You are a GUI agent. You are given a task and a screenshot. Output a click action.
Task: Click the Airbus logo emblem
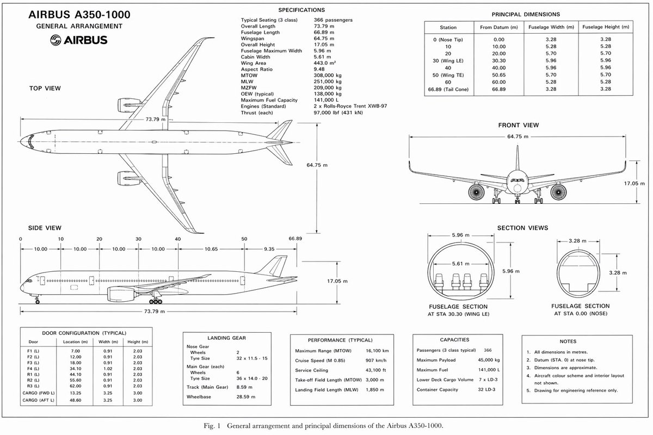[x=56, y=40]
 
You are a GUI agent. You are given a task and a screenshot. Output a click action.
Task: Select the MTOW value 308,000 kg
[x=328, y=76]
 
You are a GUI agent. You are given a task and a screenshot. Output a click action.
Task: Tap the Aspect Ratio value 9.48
[x=319, y=70]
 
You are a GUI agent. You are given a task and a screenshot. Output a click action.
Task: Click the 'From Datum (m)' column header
[x=499, y=27]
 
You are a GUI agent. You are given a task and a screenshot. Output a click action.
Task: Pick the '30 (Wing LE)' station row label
[x=448, y=61]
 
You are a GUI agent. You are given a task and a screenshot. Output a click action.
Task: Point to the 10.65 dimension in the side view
[x=211, y=249]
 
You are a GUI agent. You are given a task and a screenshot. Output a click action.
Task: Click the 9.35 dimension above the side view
[x=269, y=249]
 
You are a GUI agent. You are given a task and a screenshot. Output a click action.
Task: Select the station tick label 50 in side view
[x=244, y=239]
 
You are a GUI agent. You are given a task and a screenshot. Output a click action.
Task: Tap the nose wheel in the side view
[x=38, y=302]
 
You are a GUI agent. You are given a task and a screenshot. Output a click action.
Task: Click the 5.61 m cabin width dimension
[x=460, y=264]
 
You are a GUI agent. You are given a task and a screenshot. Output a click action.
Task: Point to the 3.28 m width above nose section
[x=577, y=241]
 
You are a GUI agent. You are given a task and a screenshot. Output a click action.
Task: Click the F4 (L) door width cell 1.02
[x=108, y=369]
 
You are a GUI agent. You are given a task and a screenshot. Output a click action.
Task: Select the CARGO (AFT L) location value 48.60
[x=75, y=400]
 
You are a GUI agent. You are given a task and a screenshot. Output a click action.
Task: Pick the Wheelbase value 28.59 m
[x=246, y=397]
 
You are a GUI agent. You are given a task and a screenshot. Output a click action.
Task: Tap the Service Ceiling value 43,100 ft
[x=376, y=370]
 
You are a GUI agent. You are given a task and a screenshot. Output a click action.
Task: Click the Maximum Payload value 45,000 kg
[x=489, y=360]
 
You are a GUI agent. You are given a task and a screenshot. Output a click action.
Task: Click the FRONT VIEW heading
[x=518, y=125]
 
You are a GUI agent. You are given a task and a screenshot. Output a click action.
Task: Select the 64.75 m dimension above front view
[x=518, y=136]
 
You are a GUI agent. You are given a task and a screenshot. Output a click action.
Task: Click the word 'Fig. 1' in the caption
[x=212, y=426]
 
